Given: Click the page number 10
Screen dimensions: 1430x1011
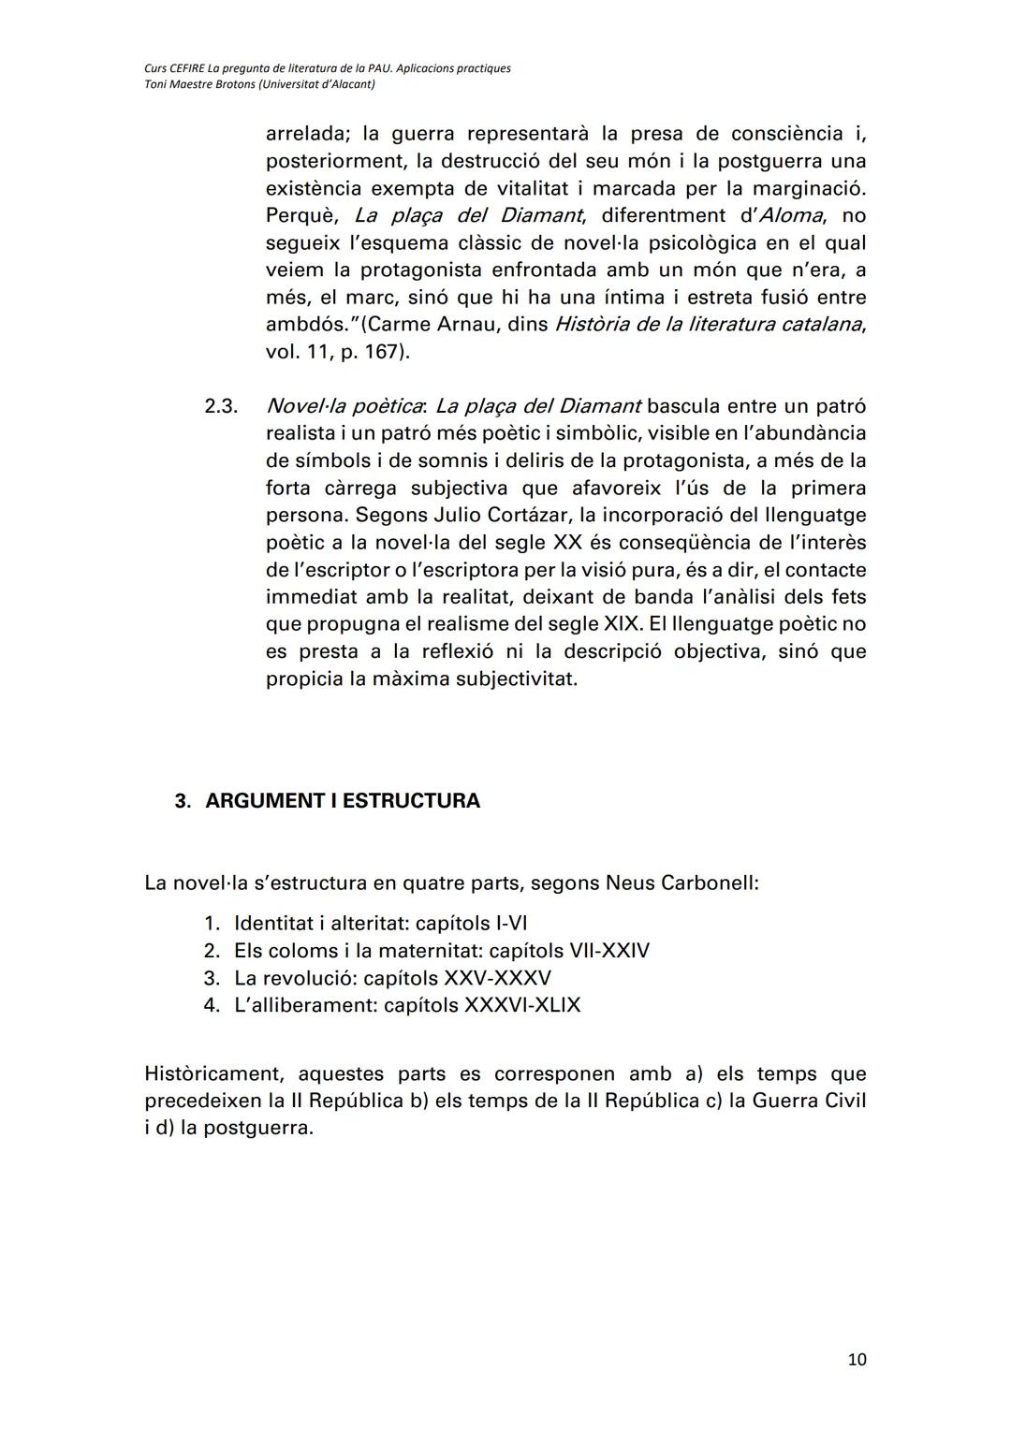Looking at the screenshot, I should coord(857,1360).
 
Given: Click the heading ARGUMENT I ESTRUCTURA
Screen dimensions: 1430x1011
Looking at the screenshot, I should coord(342,801).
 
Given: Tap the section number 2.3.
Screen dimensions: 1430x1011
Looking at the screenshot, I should coord(221,407).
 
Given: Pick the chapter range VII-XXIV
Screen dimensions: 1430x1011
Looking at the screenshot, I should coord(609,951).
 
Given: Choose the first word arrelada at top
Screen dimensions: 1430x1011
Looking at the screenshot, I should coord(307,134).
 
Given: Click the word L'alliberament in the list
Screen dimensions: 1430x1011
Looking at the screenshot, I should coord(305,1005).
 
